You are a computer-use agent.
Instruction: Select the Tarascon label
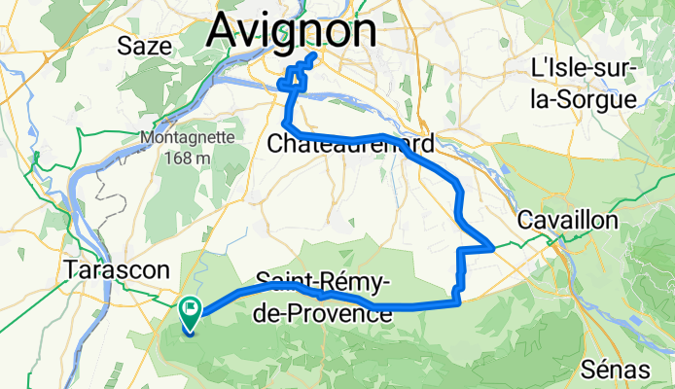115,268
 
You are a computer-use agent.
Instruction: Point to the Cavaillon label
568,220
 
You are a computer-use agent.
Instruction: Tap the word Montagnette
188,137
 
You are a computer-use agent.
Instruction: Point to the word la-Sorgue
583,98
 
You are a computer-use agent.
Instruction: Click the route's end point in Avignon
313,58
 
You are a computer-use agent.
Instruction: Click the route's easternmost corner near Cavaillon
494,247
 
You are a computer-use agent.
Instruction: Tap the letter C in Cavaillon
526,220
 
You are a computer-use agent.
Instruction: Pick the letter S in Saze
124,45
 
